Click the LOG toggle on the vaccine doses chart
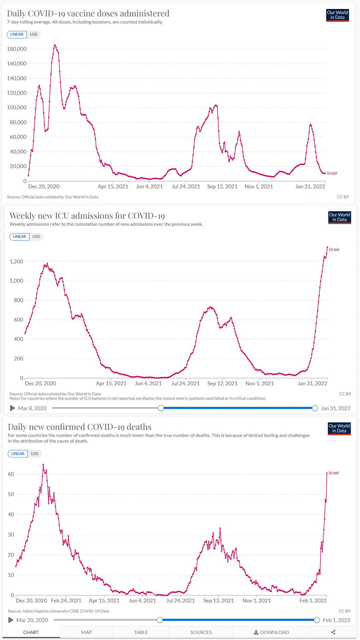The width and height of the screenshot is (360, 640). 34,34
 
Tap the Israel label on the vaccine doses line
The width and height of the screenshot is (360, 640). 332,173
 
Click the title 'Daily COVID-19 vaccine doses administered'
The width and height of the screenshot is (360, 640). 88,13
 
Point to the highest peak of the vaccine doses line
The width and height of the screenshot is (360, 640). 54,45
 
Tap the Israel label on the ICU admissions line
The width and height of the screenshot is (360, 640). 334,249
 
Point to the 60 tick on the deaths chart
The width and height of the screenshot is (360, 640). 10,474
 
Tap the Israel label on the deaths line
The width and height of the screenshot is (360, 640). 333,472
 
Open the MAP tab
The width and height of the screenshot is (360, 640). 86,632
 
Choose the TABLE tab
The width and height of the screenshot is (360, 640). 141,632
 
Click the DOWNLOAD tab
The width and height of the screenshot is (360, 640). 271,632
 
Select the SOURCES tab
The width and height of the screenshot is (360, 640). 201,632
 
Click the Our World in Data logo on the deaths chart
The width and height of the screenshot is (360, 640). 339,428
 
